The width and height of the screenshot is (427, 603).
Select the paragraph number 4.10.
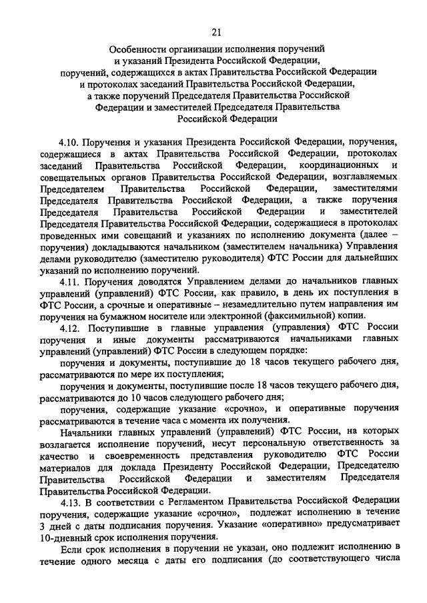coord(69,141)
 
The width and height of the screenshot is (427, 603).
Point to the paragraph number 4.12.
coord(69,327)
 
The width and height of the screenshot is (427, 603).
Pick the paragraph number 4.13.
coord(69,502)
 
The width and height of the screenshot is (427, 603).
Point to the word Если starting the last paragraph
coord(69,548)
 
